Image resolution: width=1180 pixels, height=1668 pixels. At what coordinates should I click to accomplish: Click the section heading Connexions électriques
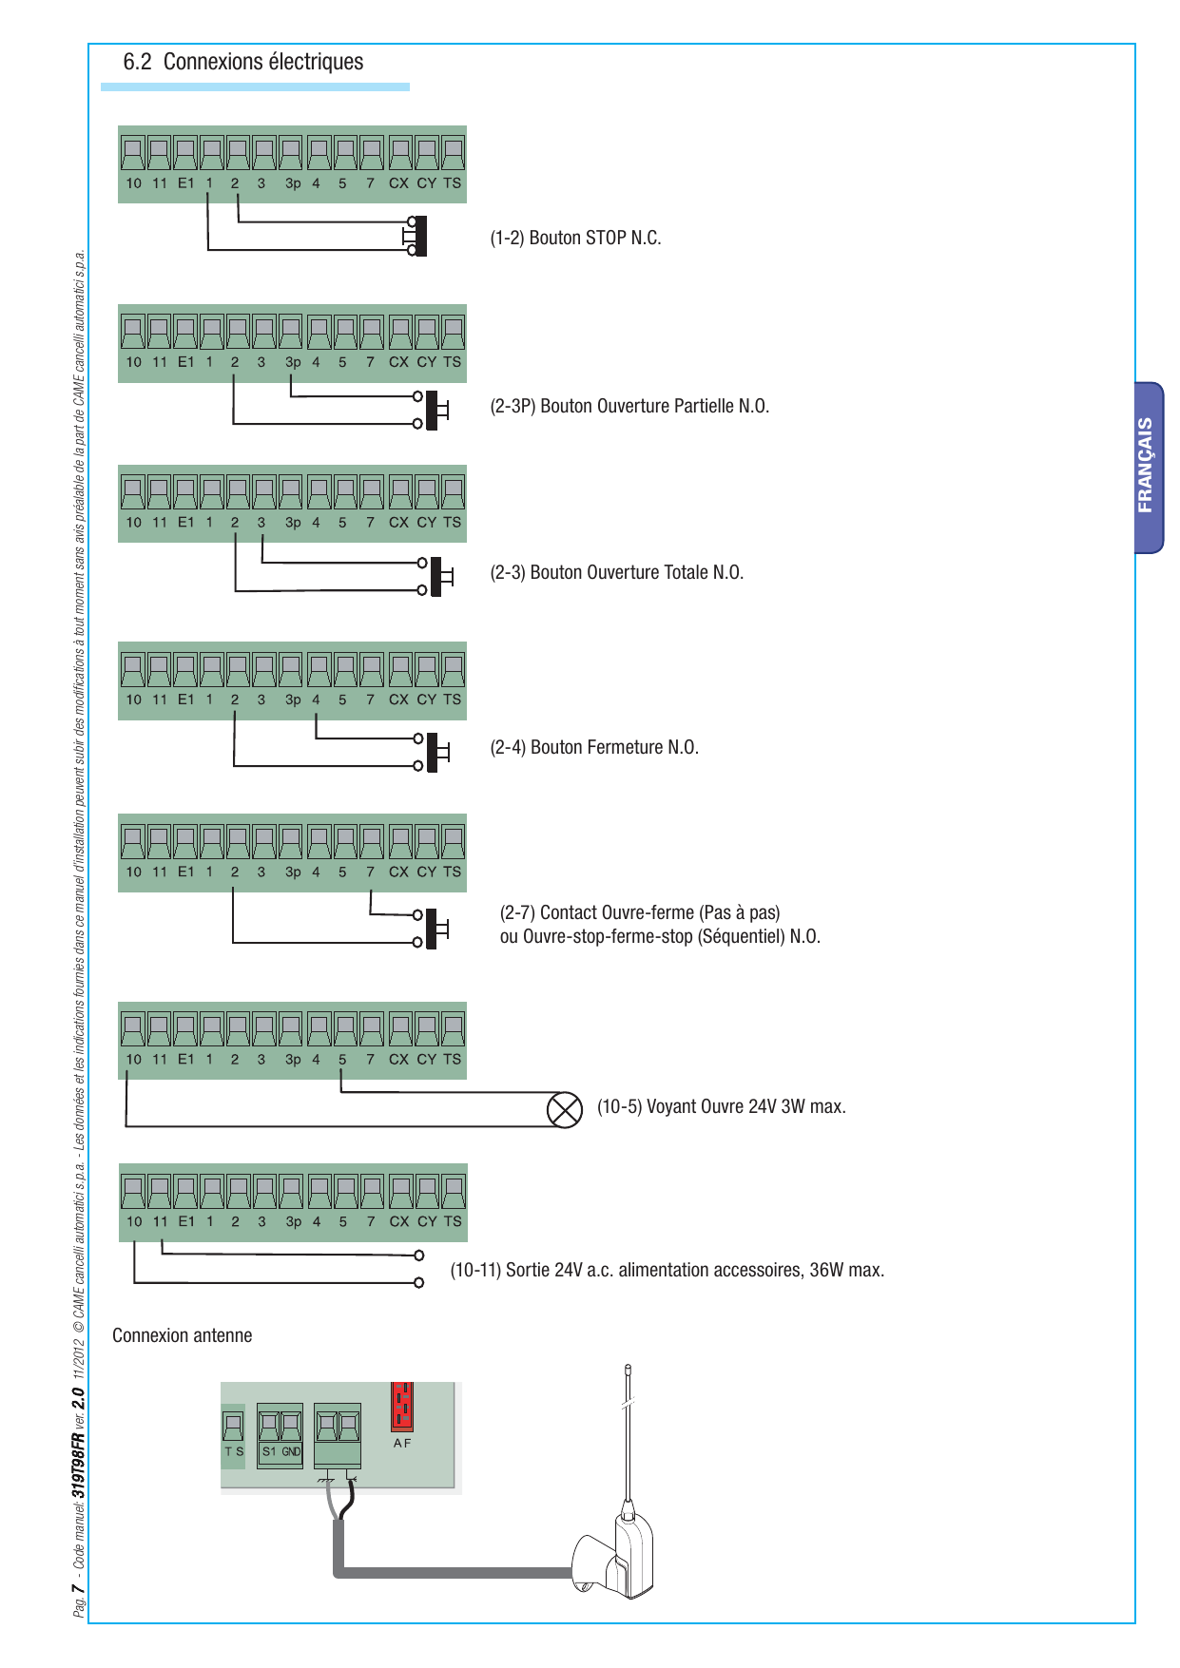tap(263, 62)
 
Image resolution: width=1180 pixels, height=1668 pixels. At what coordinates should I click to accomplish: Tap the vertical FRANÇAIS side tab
tap(1148, 467)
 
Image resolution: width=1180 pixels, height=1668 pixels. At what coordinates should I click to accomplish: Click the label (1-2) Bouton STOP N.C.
tap(575, 238)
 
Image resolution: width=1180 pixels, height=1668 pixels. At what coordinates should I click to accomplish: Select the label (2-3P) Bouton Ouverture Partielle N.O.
tap(629, 406)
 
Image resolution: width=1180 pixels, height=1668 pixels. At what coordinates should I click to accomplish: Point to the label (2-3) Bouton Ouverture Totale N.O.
tap(616, 572)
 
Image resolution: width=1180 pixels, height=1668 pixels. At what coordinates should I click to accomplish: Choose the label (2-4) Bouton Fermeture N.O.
tap(594, 747)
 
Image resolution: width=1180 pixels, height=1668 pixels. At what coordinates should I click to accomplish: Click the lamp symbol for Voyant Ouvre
tap(565, 1109)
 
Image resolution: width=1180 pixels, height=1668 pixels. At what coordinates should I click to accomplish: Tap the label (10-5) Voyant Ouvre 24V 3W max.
tap(722, 1106)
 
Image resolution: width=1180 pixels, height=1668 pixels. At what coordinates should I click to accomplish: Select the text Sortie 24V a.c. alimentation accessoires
tap(653, 1270)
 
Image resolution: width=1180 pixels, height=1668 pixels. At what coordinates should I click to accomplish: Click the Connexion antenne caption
tap(183, 1335)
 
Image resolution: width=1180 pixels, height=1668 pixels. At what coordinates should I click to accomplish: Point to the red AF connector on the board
tap(402, 1406)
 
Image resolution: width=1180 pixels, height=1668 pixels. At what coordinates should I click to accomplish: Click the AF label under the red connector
tap(402, 1443)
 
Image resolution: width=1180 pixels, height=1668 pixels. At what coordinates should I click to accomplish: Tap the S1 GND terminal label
tap(281, 1451)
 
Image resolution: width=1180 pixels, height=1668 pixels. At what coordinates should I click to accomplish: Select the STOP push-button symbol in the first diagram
tap(416, 236)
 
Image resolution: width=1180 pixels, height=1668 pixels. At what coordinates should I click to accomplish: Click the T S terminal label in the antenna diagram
tap(234, 1451)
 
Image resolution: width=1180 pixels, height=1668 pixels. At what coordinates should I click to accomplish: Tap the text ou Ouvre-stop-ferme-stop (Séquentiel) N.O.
tap(660, 936)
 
